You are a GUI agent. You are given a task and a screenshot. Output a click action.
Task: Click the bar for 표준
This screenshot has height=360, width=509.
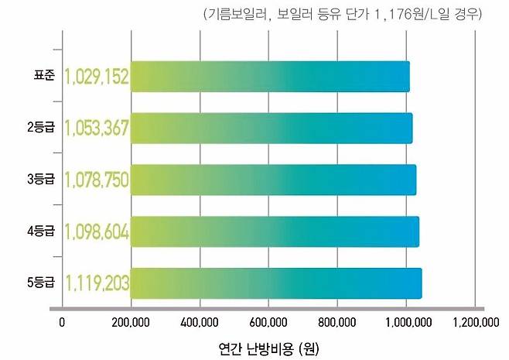click(270, 77)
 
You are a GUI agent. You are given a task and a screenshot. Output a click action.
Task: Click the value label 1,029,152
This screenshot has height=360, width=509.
click(97, 77)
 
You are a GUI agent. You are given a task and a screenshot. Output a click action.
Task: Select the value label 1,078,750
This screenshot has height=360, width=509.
click(97, 180)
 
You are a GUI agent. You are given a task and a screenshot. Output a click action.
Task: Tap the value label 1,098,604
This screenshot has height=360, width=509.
click(97, 231)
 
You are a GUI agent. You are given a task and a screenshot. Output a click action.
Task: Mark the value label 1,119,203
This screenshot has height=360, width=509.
click(97, 283)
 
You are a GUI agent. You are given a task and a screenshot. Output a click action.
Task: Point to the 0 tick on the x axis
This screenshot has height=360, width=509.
click(63, 323)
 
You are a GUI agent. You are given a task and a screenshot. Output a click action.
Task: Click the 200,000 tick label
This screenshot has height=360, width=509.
click(131, 323)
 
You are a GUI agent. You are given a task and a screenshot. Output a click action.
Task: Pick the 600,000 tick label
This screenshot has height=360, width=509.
click(268, 323)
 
